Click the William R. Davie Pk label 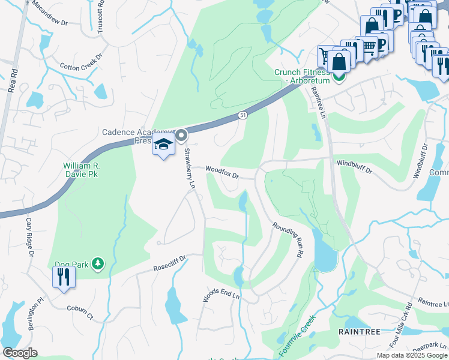click(81, 169)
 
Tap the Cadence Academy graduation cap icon click(163, 146)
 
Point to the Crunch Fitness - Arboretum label click(303, 76)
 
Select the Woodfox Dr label click(222, 173)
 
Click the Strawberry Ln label click(190, 169)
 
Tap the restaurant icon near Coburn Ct click(64, 278)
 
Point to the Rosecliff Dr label click(170, 263)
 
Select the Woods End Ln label click(221, 295)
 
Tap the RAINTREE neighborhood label click(358, 331)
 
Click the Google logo click(20, 353)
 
